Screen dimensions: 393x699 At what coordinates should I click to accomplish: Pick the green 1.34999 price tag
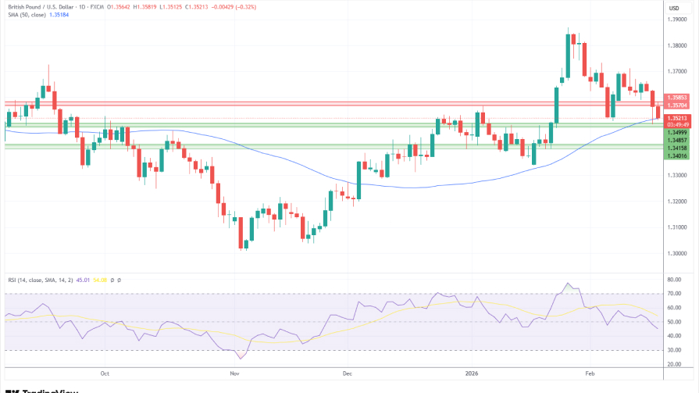pyautogui.click(x=677, y=133)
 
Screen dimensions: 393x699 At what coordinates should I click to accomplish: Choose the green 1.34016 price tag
pyautogui.click(x=677, y=155)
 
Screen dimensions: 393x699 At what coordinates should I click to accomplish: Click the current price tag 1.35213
pyautogui.click(x=677, y=118)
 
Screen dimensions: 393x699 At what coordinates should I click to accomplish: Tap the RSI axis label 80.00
pyautogui.click(x=675, y=279)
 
